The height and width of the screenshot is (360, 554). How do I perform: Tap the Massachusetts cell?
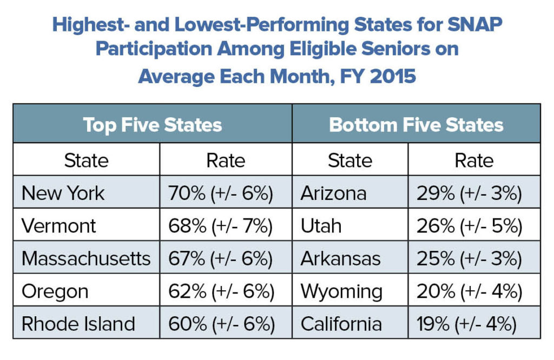tap(86, 259)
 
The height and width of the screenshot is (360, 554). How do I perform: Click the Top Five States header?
tap(153, 125)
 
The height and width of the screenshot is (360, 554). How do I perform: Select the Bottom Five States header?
tap(416, 125)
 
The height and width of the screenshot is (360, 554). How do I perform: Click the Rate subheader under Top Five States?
tap(226, 161)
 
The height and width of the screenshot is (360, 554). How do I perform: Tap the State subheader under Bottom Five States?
tap(350, 161)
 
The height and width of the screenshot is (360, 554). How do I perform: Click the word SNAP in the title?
tap(475, 25)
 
